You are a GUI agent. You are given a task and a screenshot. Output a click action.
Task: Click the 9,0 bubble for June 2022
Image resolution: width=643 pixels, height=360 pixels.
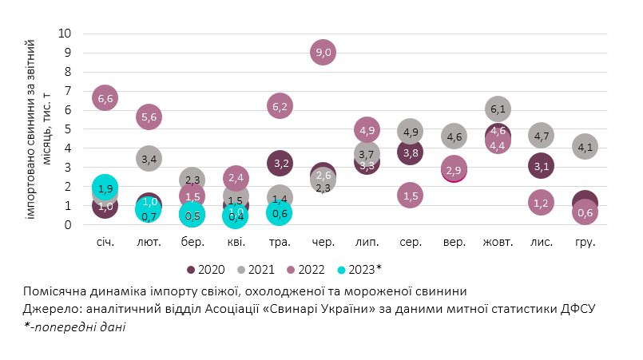[x=323, y=53]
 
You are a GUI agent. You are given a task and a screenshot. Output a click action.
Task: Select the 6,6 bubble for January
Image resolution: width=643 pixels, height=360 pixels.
[x=105, y=98]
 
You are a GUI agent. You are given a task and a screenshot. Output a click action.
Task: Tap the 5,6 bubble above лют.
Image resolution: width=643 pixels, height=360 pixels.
[x=149, y=117]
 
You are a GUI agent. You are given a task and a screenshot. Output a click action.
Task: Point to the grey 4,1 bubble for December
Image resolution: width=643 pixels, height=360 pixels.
[x=585, y=147]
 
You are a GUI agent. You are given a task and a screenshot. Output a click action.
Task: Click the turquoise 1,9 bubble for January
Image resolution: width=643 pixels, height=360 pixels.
[x=105, y=188]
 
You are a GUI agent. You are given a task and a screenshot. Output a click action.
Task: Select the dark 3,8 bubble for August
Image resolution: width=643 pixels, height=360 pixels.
[x=410, y=152]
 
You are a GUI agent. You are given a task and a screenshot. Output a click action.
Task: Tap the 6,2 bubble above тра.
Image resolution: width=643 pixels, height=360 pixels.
[x=280, y=106]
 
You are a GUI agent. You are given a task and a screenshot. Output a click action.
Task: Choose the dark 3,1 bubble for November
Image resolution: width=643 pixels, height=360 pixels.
[x=541, y=166]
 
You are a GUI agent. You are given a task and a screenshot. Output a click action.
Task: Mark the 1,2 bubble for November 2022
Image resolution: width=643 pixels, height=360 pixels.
[x=541, y=203]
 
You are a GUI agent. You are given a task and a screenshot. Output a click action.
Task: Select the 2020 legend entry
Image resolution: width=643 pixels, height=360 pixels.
[x=207, y=270]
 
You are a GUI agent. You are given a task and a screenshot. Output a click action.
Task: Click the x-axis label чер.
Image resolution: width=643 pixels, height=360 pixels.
[x=323, y=242]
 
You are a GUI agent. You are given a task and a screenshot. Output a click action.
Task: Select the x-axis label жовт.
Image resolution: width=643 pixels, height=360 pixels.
[x=497, y=242]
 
